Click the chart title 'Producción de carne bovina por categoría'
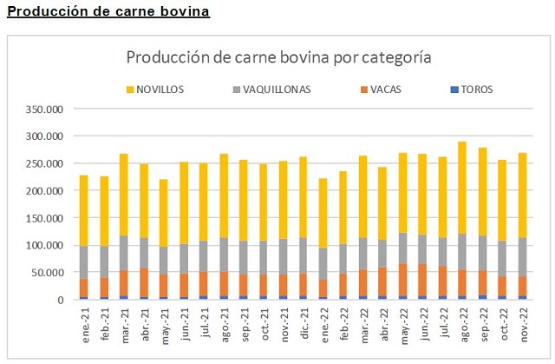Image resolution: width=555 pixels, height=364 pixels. point(278,58)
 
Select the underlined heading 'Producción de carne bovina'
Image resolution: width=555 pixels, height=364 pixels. point(108,12)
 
